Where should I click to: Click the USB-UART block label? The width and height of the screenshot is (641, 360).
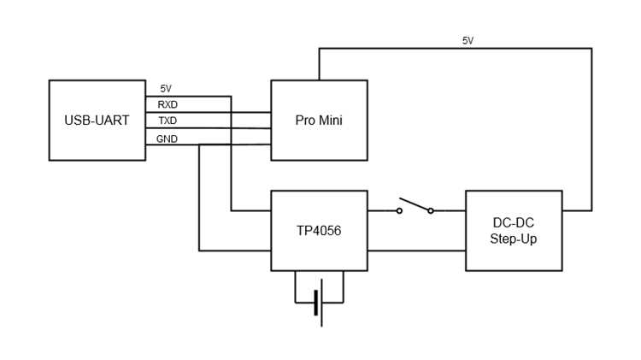point(97,121)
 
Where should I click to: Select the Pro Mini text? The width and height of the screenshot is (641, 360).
point(319,121)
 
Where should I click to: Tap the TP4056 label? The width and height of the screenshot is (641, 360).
point(319,231)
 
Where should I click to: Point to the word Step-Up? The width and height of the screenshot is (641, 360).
point(514,239)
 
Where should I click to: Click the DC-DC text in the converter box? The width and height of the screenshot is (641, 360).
point(514,223)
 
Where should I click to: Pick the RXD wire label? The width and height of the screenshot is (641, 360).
point(168,104)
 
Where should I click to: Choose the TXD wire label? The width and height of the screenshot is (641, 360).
point(168,121)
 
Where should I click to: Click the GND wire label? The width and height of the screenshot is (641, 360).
point(167,139)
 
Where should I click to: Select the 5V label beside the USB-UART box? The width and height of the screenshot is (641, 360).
point(166,89)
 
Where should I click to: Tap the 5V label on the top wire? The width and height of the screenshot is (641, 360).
point(468,40)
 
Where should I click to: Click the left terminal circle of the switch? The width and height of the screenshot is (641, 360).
point(399,210)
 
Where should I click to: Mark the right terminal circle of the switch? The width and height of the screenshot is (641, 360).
point(431,210)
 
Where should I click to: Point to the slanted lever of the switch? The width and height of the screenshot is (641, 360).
point(415,204)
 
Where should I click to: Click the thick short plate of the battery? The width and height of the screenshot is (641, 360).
point(315,303)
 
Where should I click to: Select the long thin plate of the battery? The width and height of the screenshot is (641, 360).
point(321,303)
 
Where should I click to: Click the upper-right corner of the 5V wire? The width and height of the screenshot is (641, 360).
point(591,49)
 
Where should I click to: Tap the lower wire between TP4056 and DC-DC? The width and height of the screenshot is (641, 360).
point(416,251)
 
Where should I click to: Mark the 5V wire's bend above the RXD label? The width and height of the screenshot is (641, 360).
point(231,97)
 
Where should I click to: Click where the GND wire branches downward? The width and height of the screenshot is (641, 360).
point(199,145)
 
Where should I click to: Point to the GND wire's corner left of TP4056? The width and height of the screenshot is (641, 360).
point(199,251)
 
